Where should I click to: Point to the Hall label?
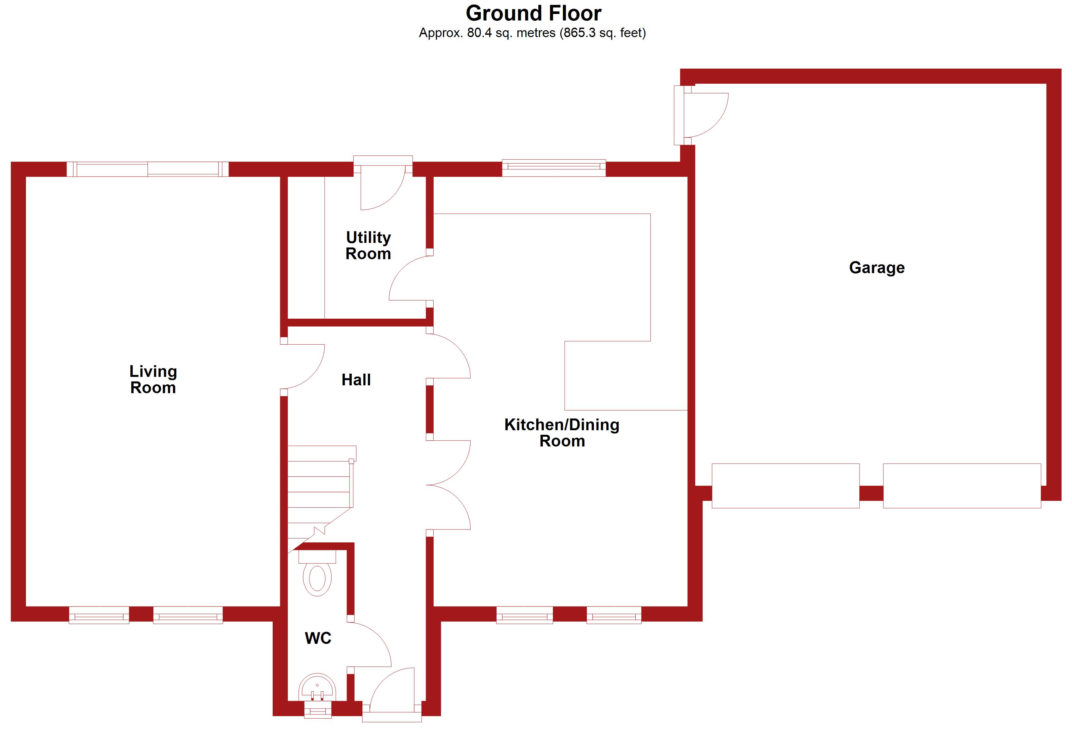coord(356,380)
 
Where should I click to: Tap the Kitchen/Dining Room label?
coord(562,432)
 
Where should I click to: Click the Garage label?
coord(876,268)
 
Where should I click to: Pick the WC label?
coord(318,638)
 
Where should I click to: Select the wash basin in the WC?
coord(317,689)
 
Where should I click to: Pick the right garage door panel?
coord(962,486)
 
